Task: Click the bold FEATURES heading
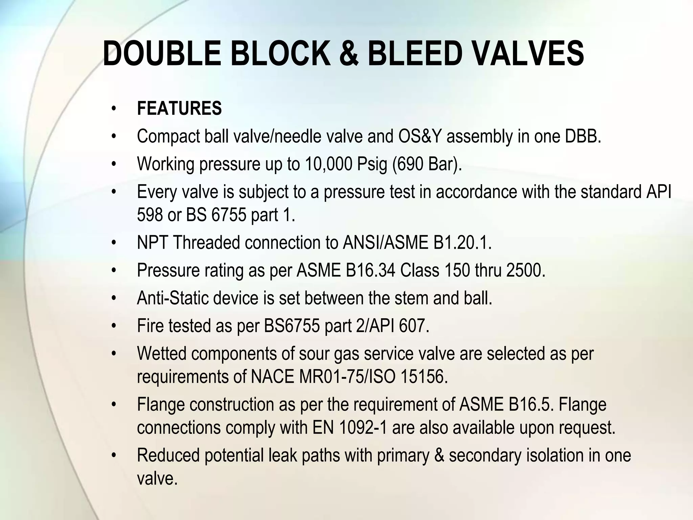[179, 109]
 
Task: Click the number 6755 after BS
[229, 215]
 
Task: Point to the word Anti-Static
[172, 298]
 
